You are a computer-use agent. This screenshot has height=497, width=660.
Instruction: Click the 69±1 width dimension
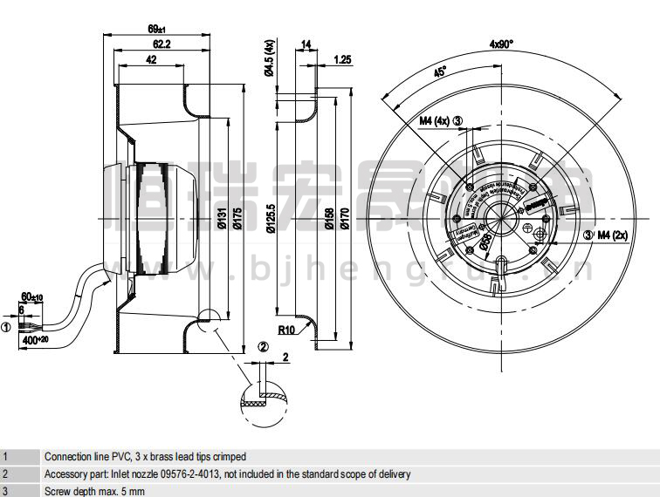pos(157,29)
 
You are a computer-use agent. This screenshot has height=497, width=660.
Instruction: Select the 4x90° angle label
pos(501,44)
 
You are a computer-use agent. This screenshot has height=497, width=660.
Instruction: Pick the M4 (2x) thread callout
pos(612,234)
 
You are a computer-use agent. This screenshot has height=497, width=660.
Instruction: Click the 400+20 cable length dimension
pos(36,338)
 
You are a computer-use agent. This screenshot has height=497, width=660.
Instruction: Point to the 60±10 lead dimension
pos(32,298)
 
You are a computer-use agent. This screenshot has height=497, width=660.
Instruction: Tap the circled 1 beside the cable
pos(6,327)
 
